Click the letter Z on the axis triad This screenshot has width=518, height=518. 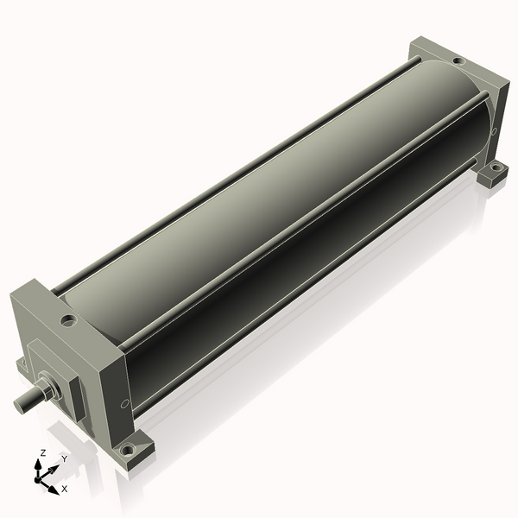coord(42,453)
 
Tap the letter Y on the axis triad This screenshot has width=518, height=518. coord(65,459)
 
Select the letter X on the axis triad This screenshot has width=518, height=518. coord(65,489)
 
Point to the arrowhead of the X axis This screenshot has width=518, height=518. coord(54,490)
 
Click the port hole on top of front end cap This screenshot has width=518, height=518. coord(68,320)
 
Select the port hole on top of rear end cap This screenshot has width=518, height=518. coord(458,61)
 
